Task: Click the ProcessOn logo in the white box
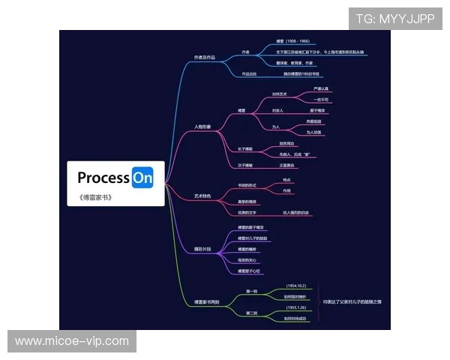(x=115, y=178)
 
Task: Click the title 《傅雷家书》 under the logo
(x=94, y=198)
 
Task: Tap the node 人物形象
(x=202, y=127)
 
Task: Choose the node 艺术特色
(x=202, y=196)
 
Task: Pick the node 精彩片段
(x=202, y=247)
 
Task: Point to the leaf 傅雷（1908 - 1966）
(x=292, y=41)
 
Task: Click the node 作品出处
(x=249, y=74)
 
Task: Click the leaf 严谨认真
(x=321, y=88)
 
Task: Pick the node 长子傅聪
(x=245, y=148)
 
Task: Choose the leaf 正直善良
(x=288, y=165)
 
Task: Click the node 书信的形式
(x=248, y=185)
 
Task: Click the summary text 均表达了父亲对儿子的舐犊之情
(x=352, y=301)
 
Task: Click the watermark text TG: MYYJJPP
(x=394, y=19)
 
